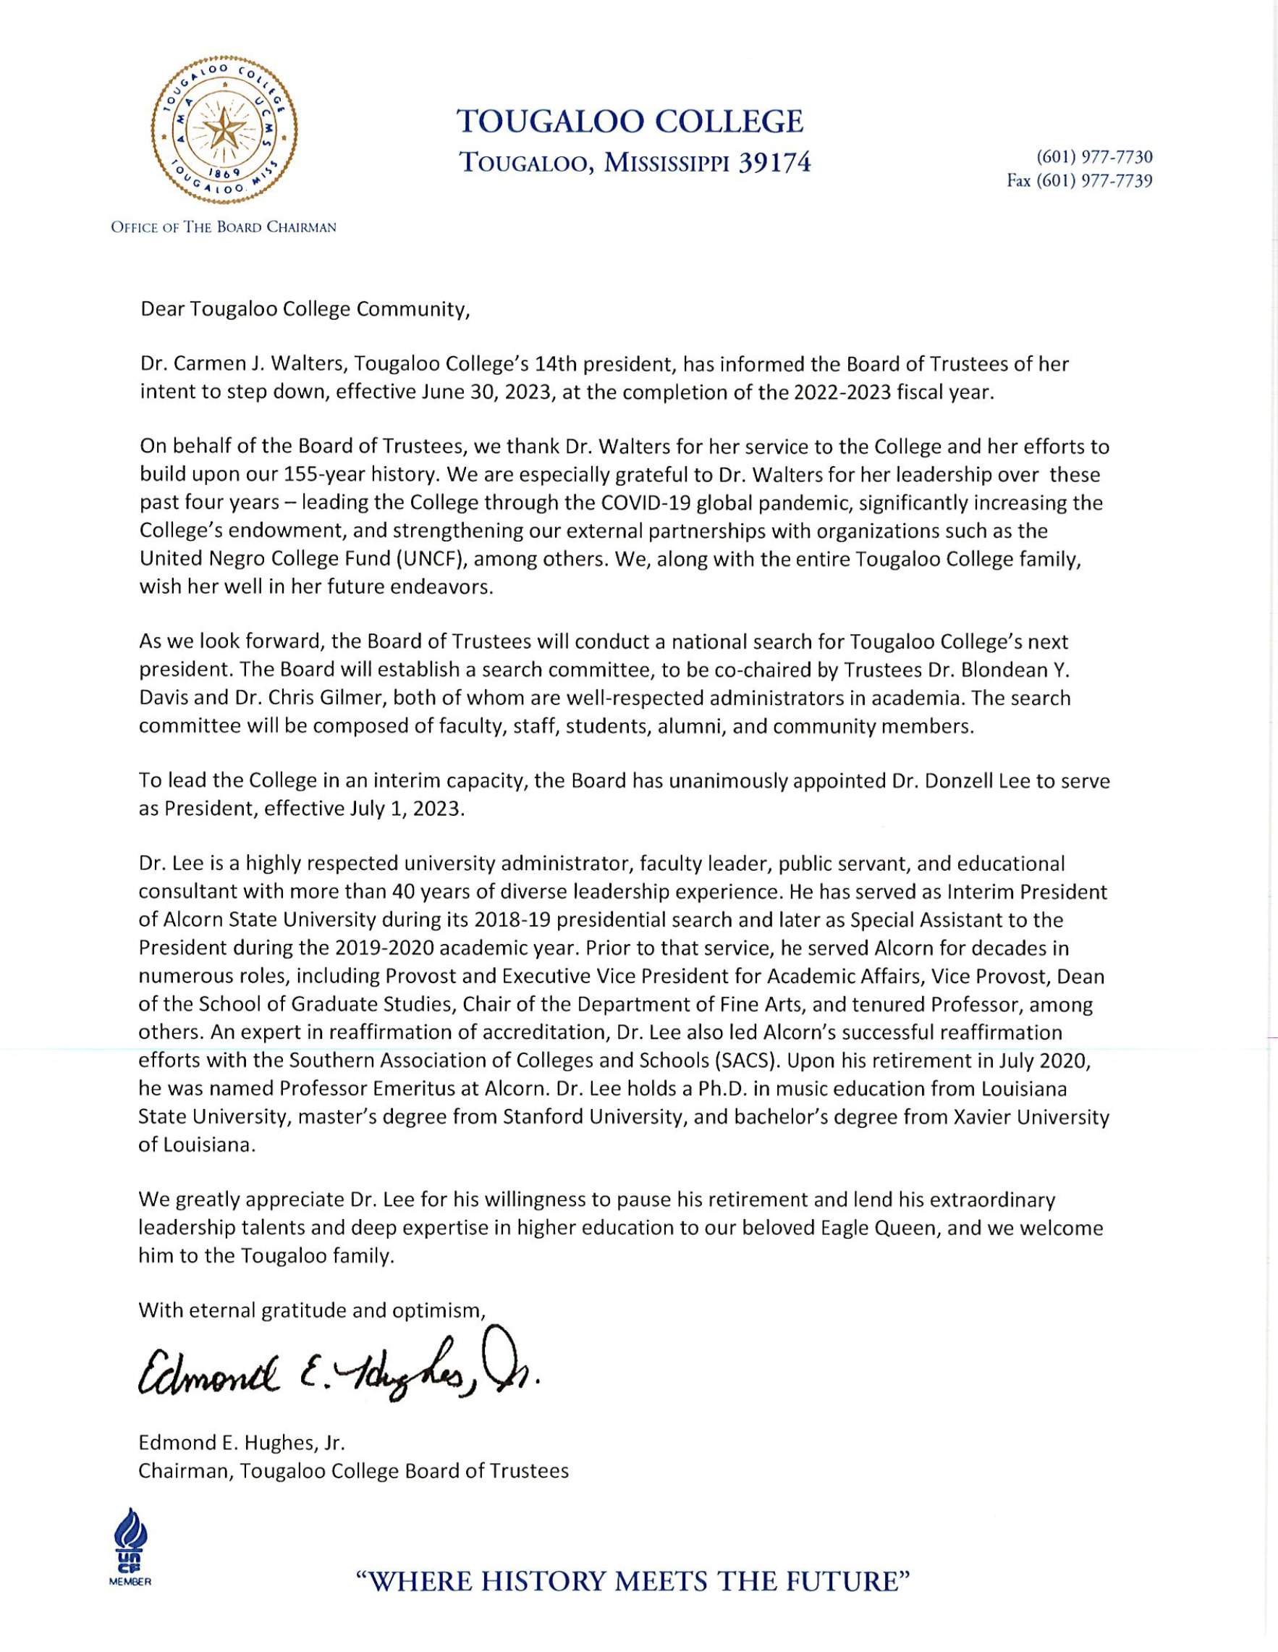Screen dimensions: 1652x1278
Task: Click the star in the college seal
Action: [x=224, y=129]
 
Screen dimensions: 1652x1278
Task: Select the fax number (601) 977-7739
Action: [x=1079, y=182]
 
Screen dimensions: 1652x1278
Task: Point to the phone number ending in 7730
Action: [x=1094, y=157]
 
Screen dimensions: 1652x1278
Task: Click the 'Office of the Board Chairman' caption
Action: [x=223, y=227]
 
